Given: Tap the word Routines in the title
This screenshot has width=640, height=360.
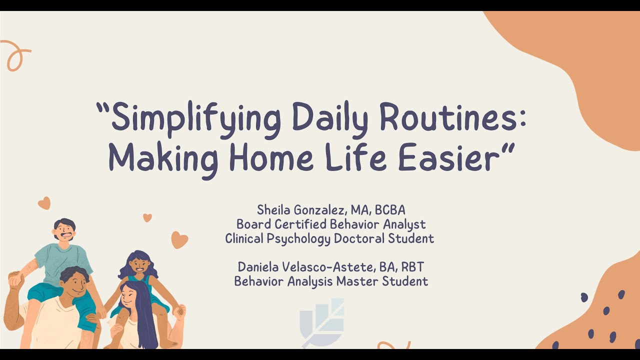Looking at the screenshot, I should pyautogui.click(x=452, y=116).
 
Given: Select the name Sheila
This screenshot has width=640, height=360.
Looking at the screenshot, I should pyautogui.click(x=273, y=209).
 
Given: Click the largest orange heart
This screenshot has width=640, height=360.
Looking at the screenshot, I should pyautogui.click(x=179, y=239).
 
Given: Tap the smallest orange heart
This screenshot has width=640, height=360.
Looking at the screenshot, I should pyautogui.click(x=147, y=217).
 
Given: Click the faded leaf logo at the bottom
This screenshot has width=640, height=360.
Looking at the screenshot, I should pyautogui.click(x=322, y=322).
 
